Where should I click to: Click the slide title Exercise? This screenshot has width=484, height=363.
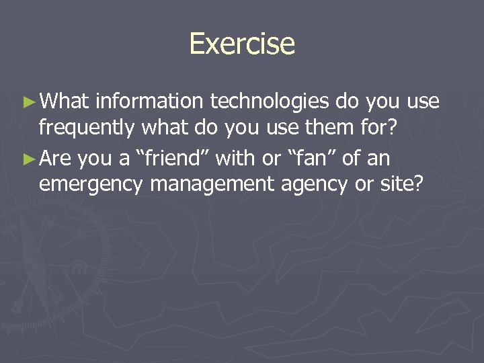242,44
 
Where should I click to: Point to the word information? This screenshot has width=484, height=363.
150,102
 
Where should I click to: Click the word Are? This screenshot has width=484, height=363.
56,159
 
